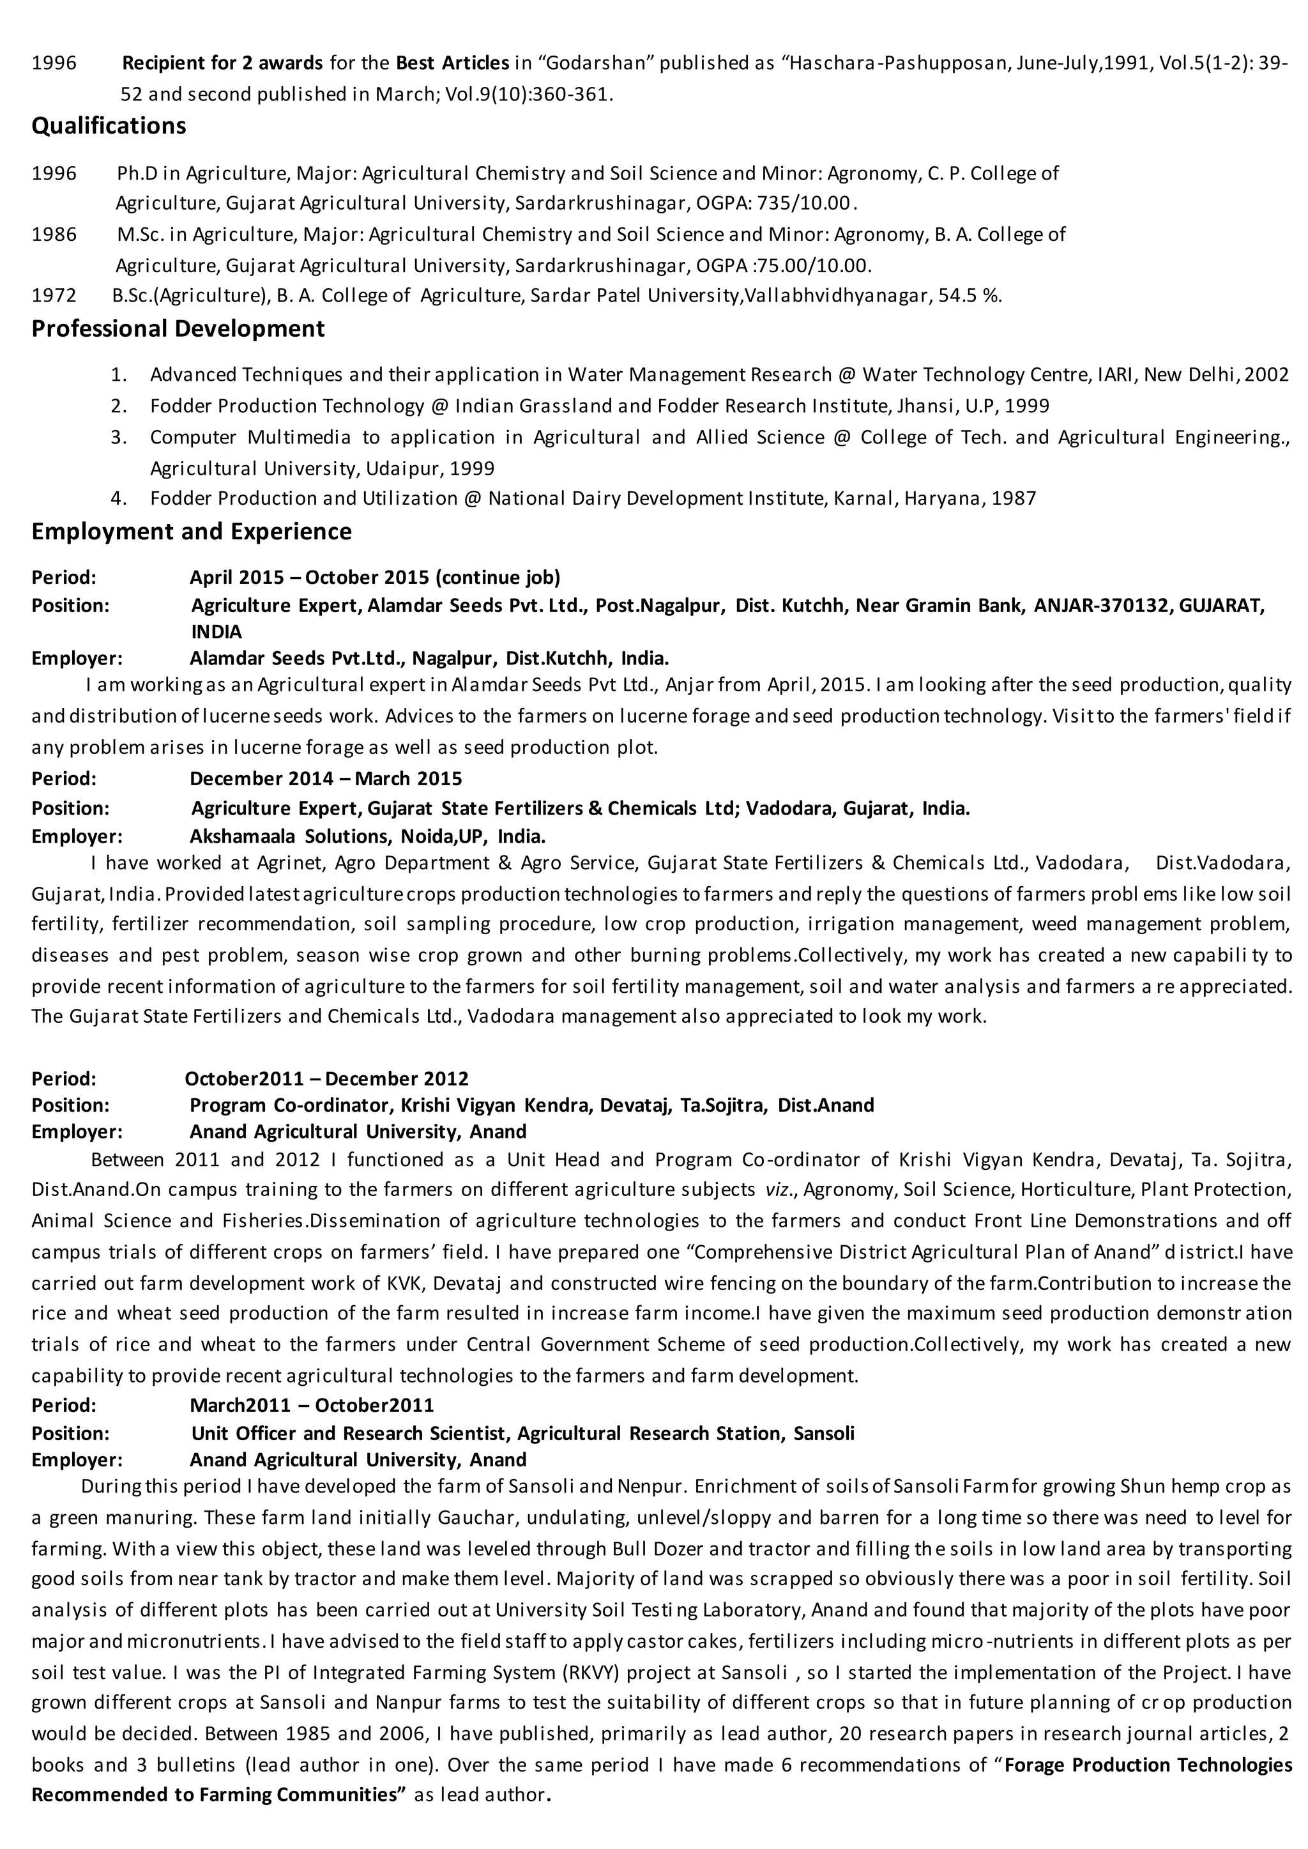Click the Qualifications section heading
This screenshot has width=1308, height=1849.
(109, 126)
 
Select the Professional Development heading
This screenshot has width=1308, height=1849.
(178, 328)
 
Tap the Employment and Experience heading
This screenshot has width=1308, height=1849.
(192, 532)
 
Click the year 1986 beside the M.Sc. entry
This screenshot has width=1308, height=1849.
(54, 234)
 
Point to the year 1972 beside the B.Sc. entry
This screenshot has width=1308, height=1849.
(54, 296)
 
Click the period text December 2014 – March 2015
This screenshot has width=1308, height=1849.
(325, 779)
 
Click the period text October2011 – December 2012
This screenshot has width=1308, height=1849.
(326, 1078)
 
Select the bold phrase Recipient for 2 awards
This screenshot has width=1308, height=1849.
(222, 63)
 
